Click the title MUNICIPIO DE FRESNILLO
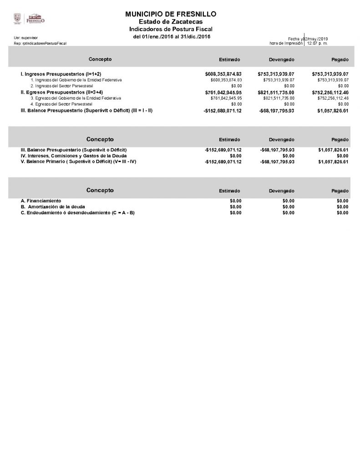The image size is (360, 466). pyautogui.click(x=171, y=15)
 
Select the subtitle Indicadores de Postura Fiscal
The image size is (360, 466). pyautogui.click(x=171, y=29)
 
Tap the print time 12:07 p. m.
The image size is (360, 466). pyautogui.click(x=317, y=43)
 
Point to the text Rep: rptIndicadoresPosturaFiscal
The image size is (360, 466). pyautogui.click(x=41, y=43)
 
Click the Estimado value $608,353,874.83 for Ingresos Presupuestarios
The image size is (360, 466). pyautogui.click(x=223, y=74)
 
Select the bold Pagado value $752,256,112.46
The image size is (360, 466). pyautogui.click(x=330, y=92)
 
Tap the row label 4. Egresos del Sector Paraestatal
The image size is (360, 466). pyautogui.click(x=61, y=104)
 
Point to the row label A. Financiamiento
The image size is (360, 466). pyautogui.click(x=41, y=201)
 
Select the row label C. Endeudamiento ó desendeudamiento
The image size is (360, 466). pyautogui.click(x=78, y=213)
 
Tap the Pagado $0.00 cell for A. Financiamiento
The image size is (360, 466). pyautogui.click(x=342, y=201)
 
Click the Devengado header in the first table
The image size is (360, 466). pyautogui.click(x=281, y=60)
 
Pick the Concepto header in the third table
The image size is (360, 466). pyautogui.click(x=100, y=190)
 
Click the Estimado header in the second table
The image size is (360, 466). pyautogui.click(x=229, y=140)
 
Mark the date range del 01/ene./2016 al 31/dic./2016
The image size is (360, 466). pyautogui.click(x=172, y=36)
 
